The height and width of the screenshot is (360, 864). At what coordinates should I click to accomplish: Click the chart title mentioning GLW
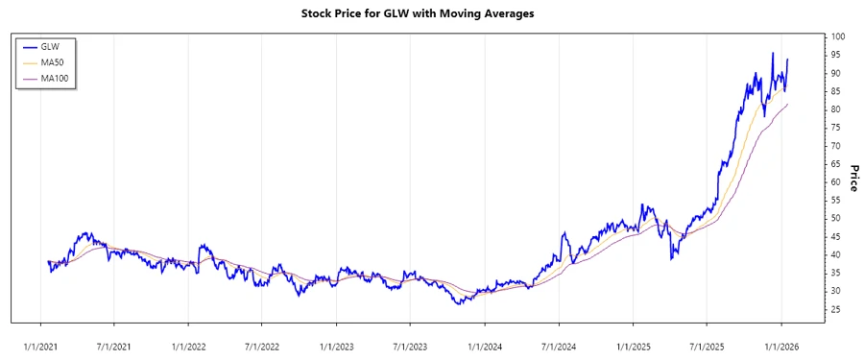pos(431,13)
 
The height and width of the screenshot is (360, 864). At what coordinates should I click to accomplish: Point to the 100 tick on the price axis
pos(838,36)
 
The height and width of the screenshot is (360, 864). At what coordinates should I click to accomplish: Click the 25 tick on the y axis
pos(836,309)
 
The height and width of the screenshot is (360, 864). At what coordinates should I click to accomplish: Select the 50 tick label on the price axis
pos(836,218)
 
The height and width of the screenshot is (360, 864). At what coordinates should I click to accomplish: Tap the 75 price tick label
pos(836,128)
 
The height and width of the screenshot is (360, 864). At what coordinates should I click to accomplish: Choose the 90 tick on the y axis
pos(836,73)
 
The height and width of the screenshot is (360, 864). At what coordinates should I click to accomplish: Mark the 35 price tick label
pos(836,273)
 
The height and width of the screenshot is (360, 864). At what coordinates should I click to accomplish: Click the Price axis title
pos(852,178)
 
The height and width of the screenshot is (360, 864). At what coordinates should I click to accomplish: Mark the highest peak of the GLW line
pos(773,53)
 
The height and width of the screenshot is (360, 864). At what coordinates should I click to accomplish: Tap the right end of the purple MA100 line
pos(788,104)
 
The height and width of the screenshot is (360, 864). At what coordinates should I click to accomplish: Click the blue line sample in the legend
pos(28,46)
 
